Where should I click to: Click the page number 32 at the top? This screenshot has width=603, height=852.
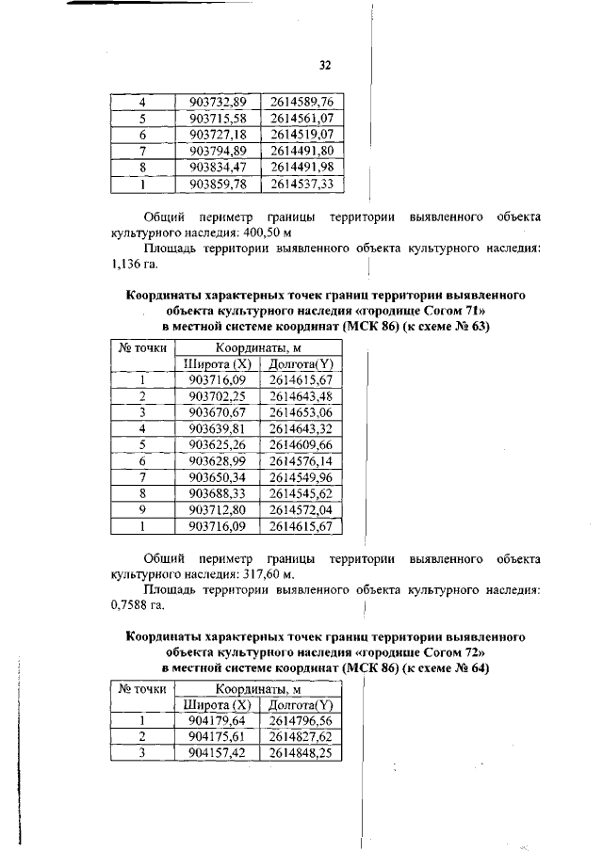pos(325,65)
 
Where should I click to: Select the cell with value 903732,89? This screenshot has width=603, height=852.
pos(218,101)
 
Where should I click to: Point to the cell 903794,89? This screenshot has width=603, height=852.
pos(218,150)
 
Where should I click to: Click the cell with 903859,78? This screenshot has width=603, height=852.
pos(218,184)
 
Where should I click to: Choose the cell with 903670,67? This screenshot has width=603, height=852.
pos(218,413)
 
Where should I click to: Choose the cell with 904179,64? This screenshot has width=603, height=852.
pos(218,720)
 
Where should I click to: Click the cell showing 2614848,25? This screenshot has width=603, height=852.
pos(301,753)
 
